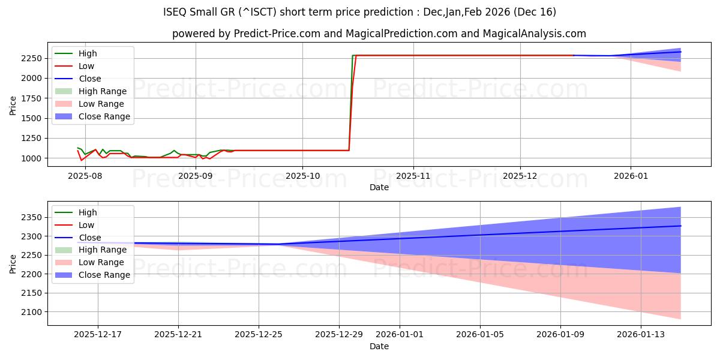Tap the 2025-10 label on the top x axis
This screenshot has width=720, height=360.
302,176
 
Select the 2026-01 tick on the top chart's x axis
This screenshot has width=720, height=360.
631,176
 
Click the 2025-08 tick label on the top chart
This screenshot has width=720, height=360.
85,176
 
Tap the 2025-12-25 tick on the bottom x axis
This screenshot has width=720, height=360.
259,335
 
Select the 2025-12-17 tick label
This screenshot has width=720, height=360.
98,335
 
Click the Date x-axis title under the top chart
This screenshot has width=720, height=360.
379,187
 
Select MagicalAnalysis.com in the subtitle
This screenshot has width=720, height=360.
530,34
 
